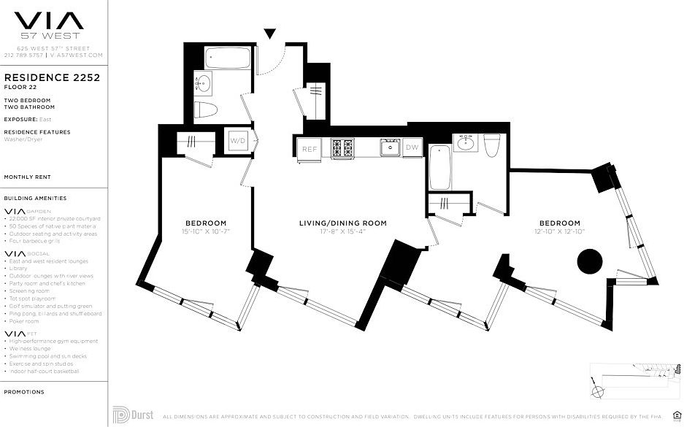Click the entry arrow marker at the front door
(x=270, y=33)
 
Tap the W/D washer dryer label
(x=239, y=139)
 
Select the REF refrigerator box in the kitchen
(x=310, y=149)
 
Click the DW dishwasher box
(x=412, y=147)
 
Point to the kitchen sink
(x=388, y=148)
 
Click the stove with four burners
(x=342, y=148)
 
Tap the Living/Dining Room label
(x=342, y=223)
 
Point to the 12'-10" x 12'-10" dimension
(x=560, y=231)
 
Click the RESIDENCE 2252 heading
(x=52, y=76)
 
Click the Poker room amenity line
(x=25, y=321)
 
